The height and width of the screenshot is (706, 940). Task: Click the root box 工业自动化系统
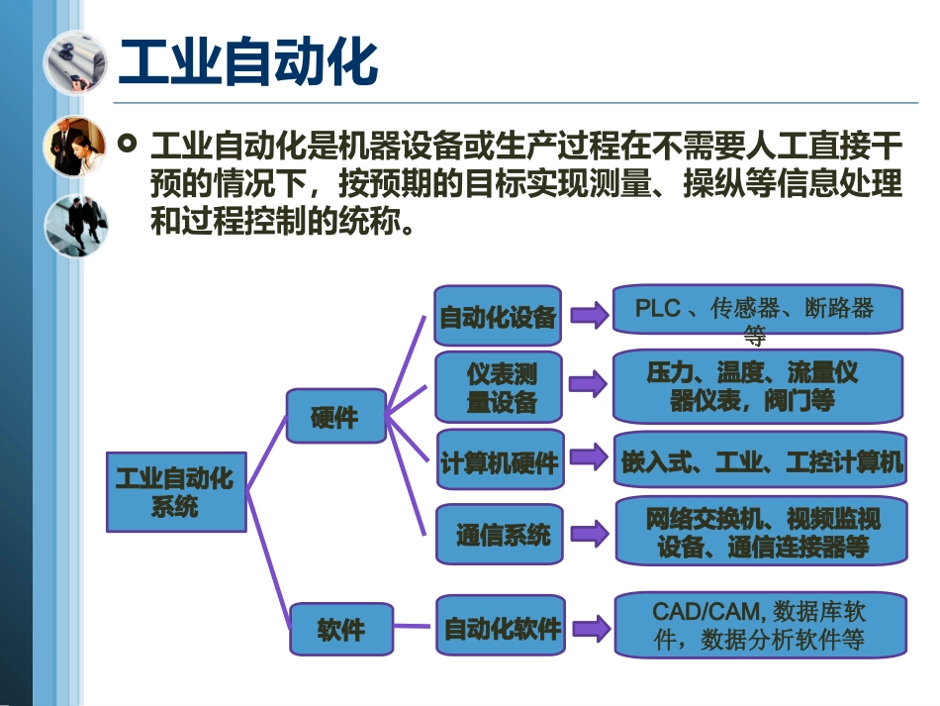176,492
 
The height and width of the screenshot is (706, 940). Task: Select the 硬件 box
335,416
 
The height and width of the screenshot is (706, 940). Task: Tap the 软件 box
340,629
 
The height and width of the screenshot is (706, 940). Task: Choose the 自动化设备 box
499,317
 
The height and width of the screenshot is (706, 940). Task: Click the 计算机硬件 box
499,460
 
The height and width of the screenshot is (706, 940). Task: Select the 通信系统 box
501,536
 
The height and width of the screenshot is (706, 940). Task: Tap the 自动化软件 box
501,627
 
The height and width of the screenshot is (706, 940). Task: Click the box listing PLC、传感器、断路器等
758,314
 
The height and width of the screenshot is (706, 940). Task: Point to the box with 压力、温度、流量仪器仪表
758,386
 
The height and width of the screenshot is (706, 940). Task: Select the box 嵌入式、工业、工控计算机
760,460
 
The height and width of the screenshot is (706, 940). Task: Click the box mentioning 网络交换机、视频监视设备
760,533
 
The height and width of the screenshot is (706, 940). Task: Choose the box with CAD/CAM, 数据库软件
760,625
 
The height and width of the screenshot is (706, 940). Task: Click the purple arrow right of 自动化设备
590,316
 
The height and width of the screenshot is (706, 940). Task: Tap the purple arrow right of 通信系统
590,535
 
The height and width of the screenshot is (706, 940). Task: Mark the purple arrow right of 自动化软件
590,628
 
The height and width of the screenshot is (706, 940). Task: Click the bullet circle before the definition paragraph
127,146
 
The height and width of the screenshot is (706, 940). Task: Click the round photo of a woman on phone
74,147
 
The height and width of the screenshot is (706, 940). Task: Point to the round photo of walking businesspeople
74,225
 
